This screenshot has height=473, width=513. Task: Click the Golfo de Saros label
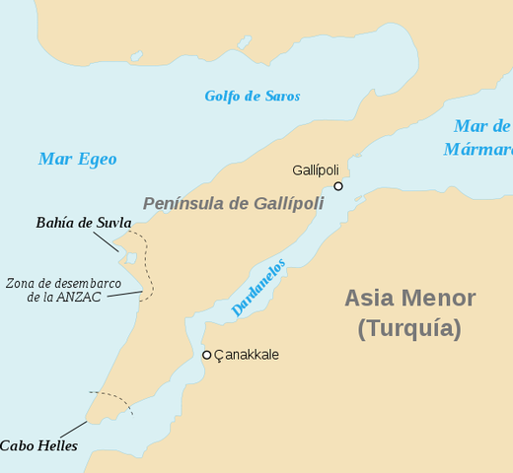(x=252, y=97)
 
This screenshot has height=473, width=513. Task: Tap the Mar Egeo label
(x=77, y=159)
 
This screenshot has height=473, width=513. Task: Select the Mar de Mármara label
(x=480, y=138)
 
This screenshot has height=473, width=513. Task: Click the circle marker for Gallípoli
(x=338, y=186)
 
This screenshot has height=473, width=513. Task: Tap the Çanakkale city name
(x=247, y=355)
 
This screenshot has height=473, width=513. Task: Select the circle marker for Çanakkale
(x=206, y=355)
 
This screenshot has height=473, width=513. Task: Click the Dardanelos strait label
(x=258, y=288)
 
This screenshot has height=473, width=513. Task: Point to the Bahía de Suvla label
(x=84, y=224)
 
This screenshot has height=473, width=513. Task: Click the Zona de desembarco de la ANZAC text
(x=63, y=290)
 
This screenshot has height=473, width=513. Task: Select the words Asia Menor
(x=409, y=299)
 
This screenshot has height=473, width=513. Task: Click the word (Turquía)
(x=408, y=329)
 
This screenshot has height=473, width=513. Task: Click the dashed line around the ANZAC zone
(x=151, y=266)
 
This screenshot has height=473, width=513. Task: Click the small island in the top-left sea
(x=136, y=56)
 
